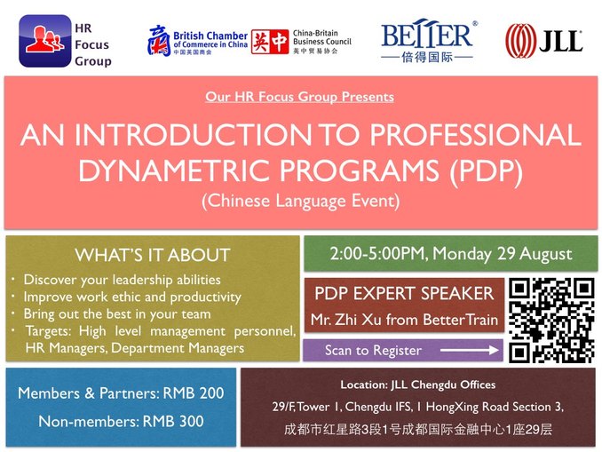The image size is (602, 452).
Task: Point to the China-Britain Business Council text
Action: tap(323, 41)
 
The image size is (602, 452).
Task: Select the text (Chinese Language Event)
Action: tap(300, 201)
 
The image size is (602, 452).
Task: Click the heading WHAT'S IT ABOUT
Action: tap(153, 255)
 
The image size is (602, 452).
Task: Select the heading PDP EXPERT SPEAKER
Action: tap(404, 294)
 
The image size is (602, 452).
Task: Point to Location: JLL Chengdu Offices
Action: tap(417, 385)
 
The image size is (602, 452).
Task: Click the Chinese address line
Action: tap(417, 429)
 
